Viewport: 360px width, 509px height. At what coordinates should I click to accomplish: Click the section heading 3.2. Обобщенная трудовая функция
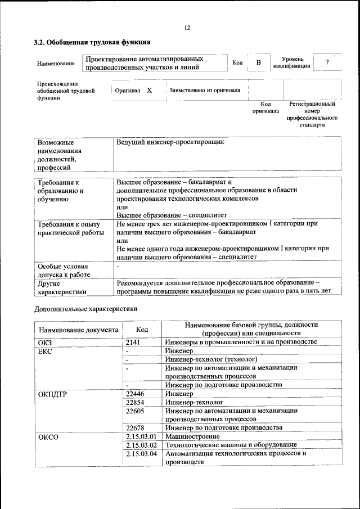point(92,42)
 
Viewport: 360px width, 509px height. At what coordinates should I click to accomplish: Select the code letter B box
point(258,62)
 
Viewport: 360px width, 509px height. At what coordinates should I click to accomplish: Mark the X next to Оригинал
point(149,90)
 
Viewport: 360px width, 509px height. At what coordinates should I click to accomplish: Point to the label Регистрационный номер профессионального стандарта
point(312,115)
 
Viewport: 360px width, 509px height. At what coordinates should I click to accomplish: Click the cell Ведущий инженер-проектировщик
point(170,142)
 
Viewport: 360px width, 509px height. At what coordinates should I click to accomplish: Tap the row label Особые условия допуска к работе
point(64,269)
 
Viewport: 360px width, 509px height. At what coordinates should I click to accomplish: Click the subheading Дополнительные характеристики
point(86,309)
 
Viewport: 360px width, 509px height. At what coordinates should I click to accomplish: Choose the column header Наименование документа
point(78,330)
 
